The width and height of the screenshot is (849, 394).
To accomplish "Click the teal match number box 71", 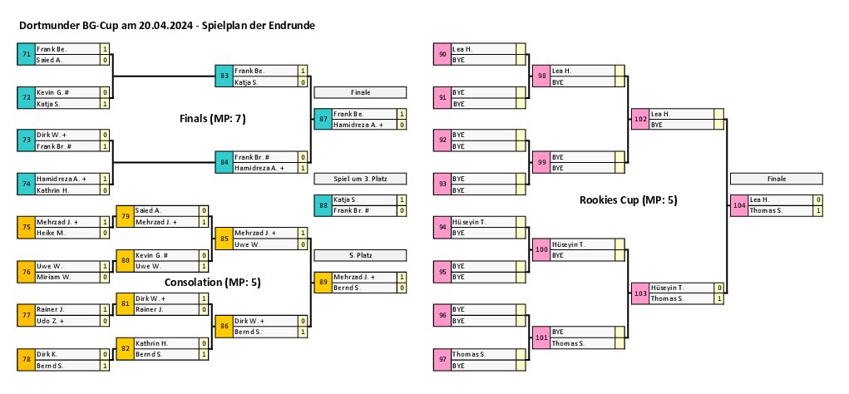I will (26, 55).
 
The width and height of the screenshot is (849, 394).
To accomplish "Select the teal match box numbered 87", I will (323, 119).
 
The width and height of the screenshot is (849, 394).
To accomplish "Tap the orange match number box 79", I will (125, 216).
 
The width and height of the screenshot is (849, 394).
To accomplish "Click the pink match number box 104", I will (739, 205).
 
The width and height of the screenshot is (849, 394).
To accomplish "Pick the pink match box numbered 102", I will (639, 119).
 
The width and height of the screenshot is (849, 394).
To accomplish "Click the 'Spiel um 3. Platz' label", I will (360, 179).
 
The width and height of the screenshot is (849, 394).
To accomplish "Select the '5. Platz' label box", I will (360, 254).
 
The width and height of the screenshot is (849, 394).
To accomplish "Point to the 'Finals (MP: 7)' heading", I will (212, 119).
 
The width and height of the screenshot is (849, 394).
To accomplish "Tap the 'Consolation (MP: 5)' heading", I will (213, 282).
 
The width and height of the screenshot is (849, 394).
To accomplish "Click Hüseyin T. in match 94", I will (470, 222).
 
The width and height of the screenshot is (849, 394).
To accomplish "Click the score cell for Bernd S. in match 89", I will (402, 288).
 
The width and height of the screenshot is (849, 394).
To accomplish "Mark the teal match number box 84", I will (224, 162).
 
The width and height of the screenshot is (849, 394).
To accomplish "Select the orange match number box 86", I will (224, 326).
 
